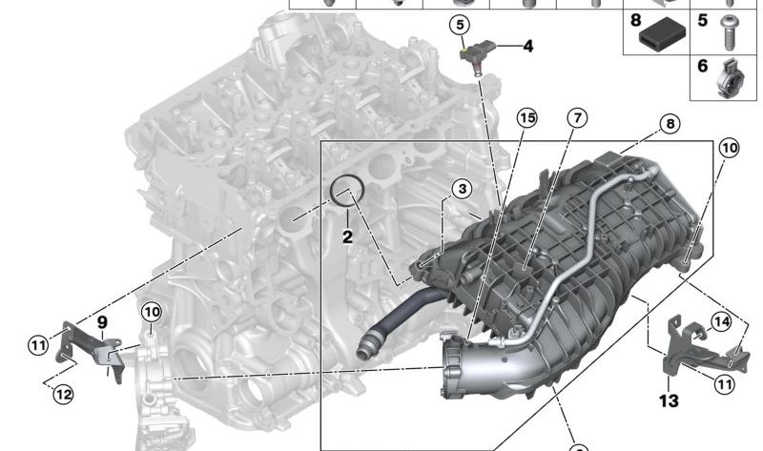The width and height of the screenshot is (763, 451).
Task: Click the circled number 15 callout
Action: click(526, 117)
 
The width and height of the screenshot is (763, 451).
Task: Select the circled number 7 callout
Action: click(577, 117)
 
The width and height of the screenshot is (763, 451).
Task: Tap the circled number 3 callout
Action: click(462, 188)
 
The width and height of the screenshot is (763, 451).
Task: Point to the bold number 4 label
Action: click(528, 46)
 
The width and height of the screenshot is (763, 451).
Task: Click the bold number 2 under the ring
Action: click(347, 236)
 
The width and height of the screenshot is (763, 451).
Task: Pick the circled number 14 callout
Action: click(721, 321)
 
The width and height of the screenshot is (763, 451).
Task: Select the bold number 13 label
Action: click(669, 400)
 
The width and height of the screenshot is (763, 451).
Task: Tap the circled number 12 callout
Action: click(63, 394)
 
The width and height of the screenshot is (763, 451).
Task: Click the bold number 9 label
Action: click(102, 322)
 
